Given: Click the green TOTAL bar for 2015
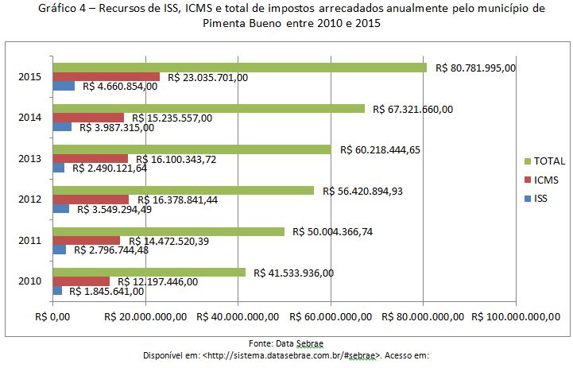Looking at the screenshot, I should (238, 68).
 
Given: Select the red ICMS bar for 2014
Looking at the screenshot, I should (87, 118).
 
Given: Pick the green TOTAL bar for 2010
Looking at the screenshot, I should (149, 272).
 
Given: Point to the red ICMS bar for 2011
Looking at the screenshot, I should (86, 241).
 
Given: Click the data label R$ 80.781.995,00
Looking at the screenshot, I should (476, 68).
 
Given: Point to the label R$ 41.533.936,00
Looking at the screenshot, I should (294, 273).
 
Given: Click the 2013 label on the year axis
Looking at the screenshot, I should (30, 159).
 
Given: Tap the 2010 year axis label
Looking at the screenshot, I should (30, 281).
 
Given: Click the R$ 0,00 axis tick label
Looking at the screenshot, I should (53, 317).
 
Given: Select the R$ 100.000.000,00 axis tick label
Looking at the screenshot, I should (515, 317).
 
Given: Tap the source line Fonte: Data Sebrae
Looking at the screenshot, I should (286, 343).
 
